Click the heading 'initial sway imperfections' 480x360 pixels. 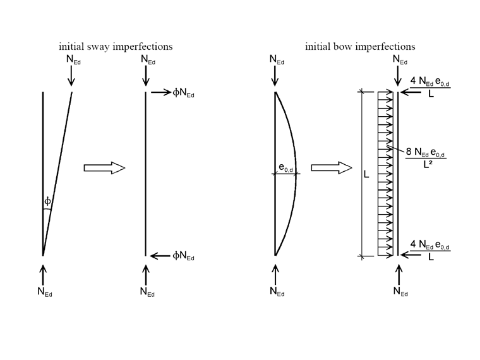(116, 46)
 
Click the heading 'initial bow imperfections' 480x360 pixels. (360, 46)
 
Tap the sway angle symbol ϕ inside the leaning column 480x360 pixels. (47, 202)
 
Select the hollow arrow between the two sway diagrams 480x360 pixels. (104, 168)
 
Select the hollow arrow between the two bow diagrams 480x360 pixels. (331, 168)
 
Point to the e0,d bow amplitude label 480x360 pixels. (287, 167)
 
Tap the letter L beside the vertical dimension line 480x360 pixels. (366, 174)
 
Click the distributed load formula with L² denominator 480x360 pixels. (421, 154)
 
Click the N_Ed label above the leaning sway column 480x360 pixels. (74, 59)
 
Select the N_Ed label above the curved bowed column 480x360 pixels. (277, 59)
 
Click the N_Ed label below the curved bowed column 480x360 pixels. (277, 291)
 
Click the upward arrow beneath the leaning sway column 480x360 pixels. (43, 273)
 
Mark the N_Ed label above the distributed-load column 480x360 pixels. (400, 59)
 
